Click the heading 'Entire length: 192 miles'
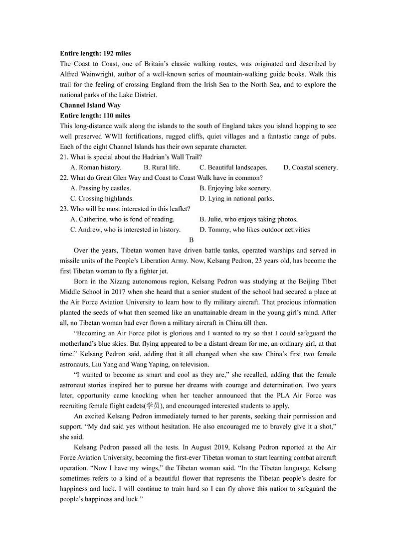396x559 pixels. coord(95,53)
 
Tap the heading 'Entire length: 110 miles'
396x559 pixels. coord(95,116)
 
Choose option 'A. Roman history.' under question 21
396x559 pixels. coord(96,167)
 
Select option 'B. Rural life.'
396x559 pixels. coord(162,167)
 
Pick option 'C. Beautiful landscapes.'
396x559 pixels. coord(233,167)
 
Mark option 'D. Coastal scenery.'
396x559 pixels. coord(310,167)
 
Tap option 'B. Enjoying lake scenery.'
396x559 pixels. coord(235,188)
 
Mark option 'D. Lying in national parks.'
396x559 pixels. coord(237,198)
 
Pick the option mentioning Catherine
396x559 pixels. coord(123,219)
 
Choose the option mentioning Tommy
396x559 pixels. coord(254,230)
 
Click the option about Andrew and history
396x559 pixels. coord(126,230)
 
